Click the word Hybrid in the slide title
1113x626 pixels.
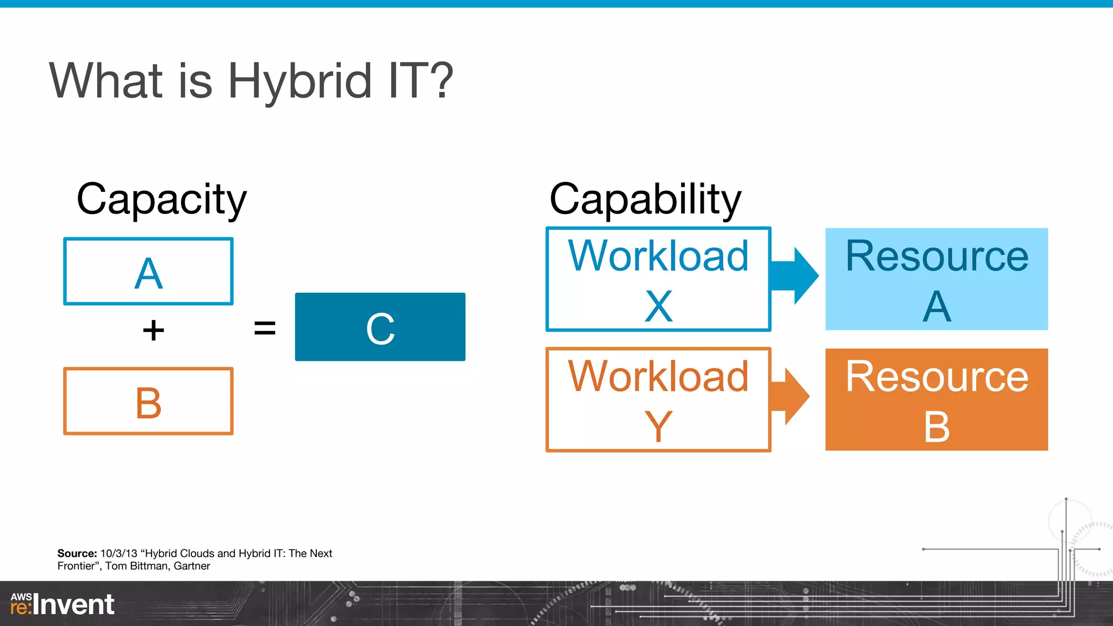[x=299, y=82]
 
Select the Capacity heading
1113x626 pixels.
[x=161, y=199]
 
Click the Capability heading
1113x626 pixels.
[x=645, y=199]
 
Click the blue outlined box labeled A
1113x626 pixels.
[x=148, y=272]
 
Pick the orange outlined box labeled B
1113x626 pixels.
[x=148, y=402]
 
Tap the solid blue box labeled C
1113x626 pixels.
[x=380, y=327]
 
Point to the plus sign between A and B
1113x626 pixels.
[x=153, y=330]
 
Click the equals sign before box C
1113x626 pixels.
[x=265, y=328]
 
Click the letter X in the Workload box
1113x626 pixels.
[x=659, y=306]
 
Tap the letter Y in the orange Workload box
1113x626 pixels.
[x=659, y=427]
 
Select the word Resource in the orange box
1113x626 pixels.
[x=936, y=377]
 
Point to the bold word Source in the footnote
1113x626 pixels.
[x=77, y=553]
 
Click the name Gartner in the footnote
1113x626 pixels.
[x=191, y=566]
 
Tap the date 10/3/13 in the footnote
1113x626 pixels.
[x=118, y=553]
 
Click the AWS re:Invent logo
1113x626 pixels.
[x=62, y=604]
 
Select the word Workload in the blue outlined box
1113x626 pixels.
[x=658, y=256]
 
